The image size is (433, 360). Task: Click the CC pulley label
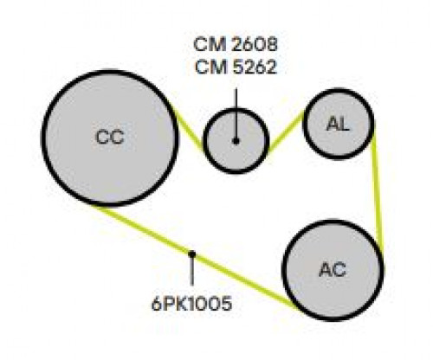point(110,137)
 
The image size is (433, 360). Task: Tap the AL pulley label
point(338,125)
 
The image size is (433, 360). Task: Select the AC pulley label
point(333,270)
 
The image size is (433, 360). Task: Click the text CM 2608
point(236,44)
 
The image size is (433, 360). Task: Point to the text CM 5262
point(236,67)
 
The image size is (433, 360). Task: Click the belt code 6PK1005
point(191,304)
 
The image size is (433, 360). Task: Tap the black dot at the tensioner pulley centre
point(236,141)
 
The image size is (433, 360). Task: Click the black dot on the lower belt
point(191,254)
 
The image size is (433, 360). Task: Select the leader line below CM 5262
point(236,113)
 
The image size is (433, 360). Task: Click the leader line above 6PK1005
point(191,271)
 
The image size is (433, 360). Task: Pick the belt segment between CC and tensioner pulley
point(190,131)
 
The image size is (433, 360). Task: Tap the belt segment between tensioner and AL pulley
point(286,132)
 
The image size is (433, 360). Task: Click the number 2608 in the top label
point(255,44)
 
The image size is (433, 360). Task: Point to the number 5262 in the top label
point(254,67)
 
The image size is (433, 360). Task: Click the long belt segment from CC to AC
point(193,255)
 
